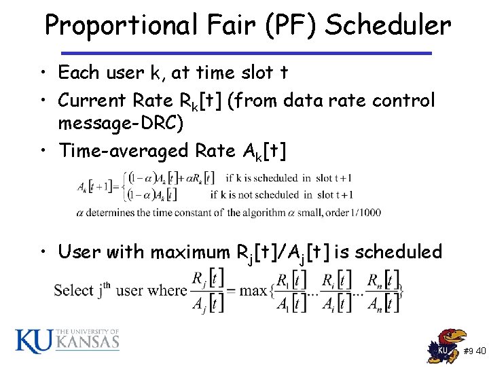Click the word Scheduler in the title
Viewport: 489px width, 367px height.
pyautogui.click(x=388, y=26)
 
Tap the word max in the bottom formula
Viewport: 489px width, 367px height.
pyautogui.click(x=254, y=291)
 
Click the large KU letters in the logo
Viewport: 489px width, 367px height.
pyautogui.click(x=33, y=340)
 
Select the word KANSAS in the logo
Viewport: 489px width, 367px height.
pyautogui.click(x=88, y=343)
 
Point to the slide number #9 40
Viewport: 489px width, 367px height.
pyautogui.click(x=475, y=351)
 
